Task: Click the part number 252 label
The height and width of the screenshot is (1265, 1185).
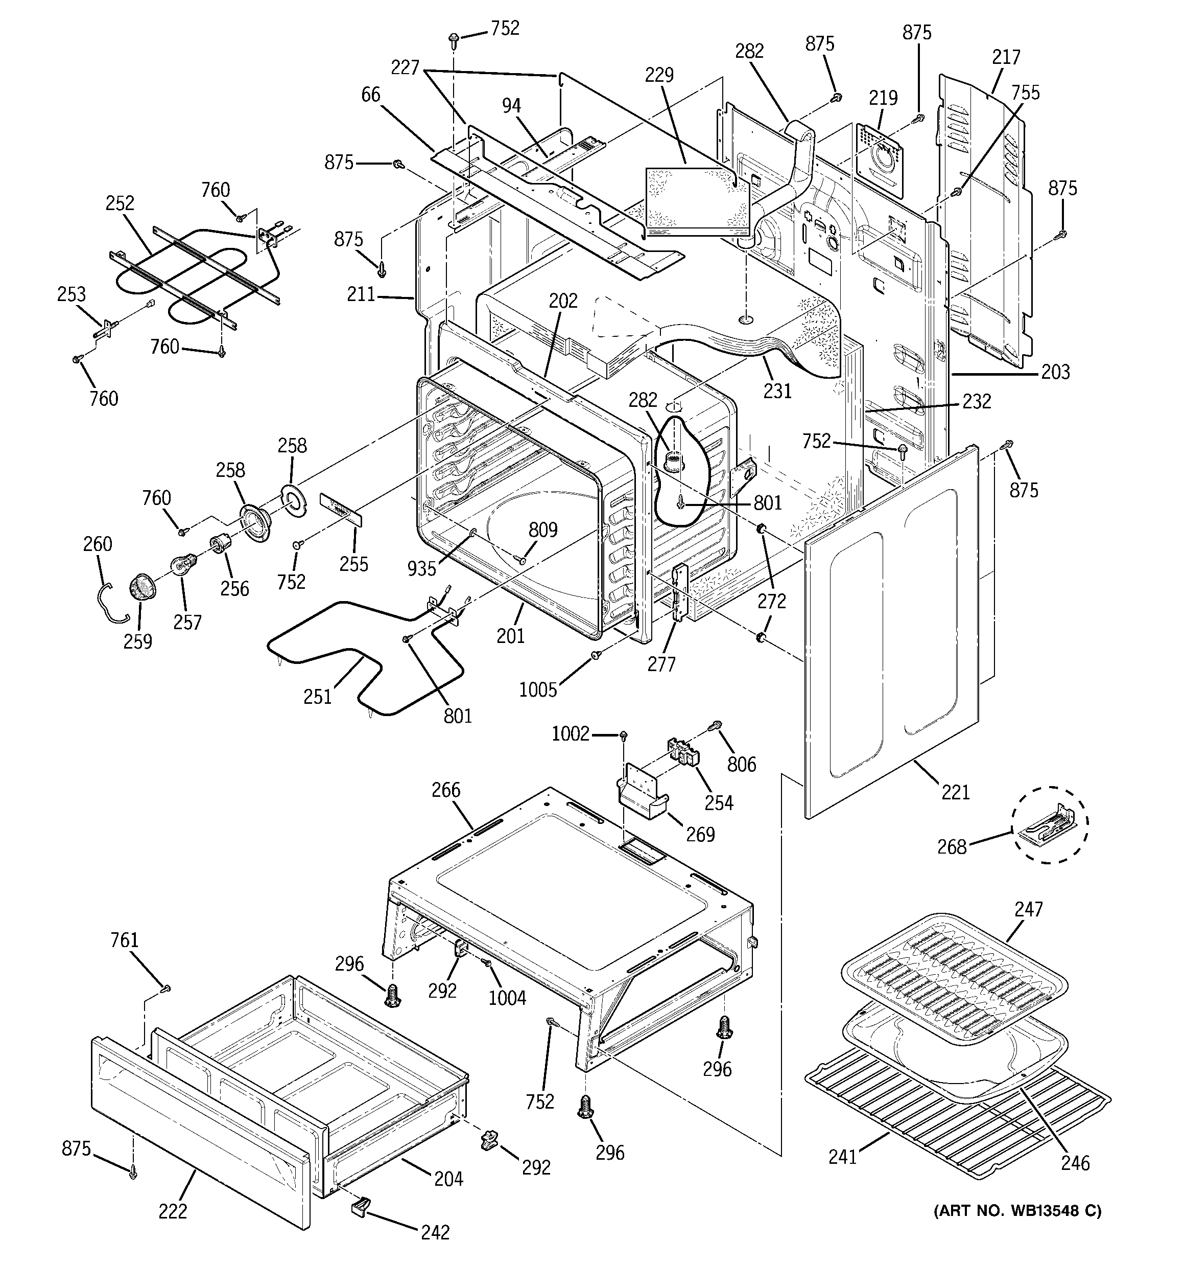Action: (x=120, y=203)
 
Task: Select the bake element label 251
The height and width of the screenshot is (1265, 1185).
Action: (x=317, y=697)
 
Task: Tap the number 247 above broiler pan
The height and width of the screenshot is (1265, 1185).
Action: (x=1029, y=909)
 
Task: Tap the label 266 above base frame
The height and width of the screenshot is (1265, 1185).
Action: (x=446, y=790)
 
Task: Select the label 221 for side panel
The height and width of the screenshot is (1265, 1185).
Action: (x=955, y=792)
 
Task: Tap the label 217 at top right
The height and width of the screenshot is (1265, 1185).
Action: (x=1006, y=57)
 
